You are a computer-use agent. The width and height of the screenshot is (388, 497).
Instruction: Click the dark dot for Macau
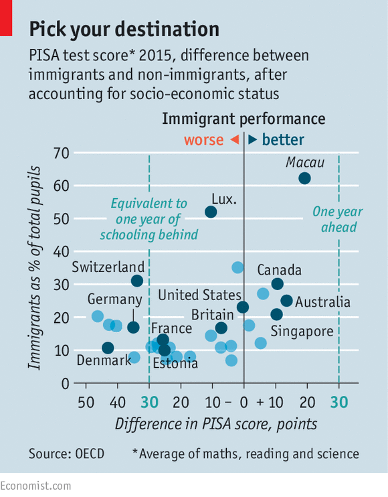coord(304,178)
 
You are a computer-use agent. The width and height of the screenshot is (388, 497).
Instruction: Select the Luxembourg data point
coord(211,212)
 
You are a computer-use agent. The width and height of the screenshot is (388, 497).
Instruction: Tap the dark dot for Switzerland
coord(137,281)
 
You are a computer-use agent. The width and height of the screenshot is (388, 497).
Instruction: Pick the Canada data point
coord(277,284)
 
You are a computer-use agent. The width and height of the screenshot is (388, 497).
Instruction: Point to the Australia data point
coord(286,301)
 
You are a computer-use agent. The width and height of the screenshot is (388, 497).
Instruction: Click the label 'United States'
coord(199,295)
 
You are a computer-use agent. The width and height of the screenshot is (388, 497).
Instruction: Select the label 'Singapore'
coord(302,332)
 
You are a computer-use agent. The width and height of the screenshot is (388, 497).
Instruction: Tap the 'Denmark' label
coord(104,360)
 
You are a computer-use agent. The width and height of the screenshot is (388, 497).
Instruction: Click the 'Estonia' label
coord(175,363)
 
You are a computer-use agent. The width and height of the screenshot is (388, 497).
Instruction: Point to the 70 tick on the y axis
coord(61,153)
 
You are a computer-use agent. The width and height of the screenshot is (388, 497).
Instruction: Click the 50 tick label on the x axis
coord(86,403)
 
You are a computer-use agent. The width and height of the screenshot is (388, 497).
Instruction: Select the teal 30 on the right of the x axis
coord(339,403)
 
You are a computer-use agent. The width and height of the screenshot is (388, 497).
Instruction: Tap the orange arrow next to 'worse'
coord(235,139)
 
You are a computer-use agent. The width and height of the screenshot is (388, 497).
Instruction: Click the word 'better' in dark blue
coord(283,140)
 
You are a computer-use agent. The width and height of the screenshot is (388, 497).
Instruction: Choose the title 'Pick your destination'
coord(124,29)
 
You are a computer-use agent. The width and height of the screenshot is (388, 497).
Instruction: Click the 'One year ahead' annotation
coord(338,219)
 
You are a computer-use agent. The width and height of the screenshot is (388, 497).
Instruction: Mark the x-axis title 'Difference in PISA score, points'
coord(216,424)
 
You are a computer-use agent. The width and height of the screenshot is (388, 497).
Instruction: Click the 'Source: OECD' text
coord(66,454)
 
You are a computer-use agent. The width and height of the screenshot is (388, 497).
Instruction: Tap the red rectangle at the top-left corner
coord(6,18)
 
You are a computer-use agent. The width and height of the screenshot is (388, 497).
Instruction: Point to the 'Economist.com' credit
coord(35,486)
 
